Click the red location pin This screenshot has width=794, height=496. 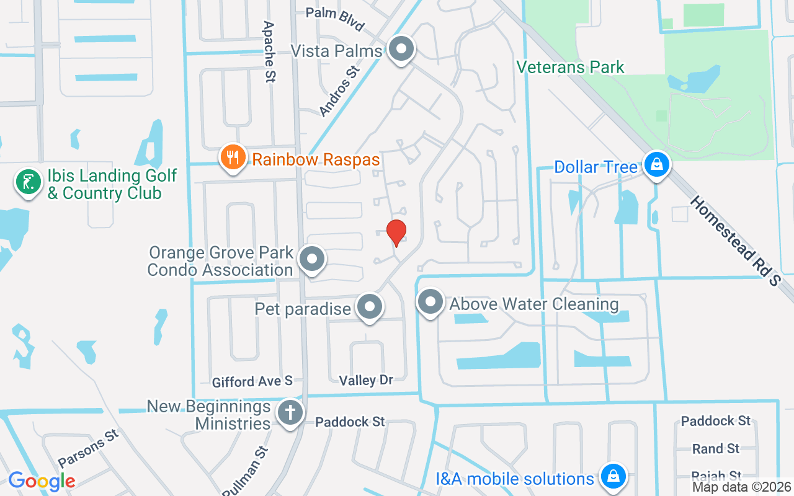pyautogui.click(x=396, y=232)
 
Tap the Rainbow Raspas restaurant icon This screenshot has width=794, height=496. pyautogui.click(x=233, y=159)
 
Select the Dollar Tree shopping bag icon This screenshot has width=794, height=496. pyautogui.click(x=655, y=166)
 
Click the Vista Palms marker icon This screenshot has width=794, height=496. pyautogui.click(x=401, y=49)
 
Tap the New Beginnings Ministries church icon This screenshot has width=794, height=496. pyautogui.click(x=289, y=413)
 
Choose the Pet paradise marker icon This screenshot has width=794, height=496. pyautogui.click(x=370, y=307)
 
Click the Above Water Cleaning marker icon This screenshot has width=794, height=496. pyautogui.click(x=430, y=303)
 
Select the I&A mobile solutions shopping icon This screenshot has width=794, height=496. pyautogui.click(x=613, y=476)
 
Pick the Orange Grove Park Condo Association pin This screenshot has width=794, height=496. pyautogui.click(x=312, y=260)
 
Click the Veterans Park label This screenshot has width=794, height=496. pyautogui.click(x=570, y=67)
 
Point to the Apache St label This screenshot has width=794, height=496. pyautogui.click(x=269, y=52)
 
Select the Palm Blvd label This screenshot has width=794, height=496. pyautogui.click(x=335, y=19)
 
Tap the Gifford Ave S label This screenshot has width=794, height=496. pyautogui.click(x=252, y=381)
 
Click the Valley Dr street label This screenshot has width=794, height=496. pyautogui.click(x=366, y=379)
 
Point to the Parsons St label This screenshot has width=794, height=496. pyautogui.click(x=88, y=449)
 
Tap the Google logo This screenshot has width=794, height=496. pyautogui.click(x=42, y=480)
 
